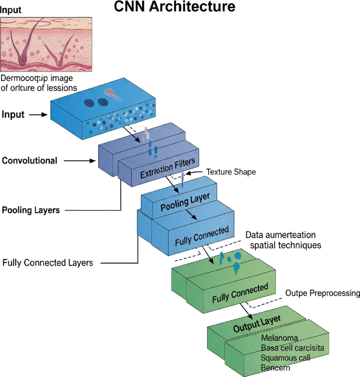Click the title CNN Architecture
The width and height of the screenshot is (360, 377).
(x=174, y=7)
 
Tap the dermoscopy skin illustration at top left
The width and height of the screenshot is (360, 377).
(x=46, y=44)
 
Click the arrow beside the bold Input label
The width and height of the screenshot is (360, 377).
(x=38, y=114)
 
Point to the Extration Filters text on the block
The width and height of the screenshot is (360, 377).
(x=167, y=166)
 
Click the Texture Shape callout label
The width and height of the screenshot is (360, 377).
(x=231, y=172)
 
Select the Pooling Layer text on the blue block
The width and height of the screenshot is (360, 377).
(x=184, y=202)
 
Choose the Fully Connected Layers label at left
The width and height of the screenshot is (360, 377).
(x=48, y=263)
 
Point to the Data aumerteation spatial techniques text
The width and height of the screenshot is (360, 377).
(x=284, y=240)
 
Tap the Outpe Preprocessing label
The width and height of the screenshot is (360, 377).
(x=322, y=292)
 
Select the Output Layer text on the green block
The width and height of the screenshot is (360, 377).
(x=257, y=323)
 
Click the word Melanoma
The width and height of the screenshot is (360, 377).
(x=280, y=338)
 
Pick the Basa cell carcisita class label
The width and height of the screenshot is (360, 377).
(x=292, y=348)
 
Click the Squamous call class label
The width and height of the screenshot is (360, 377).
(x=285, y=358)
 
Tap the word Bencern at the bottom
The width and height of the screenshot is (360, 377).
(x=275, y=368)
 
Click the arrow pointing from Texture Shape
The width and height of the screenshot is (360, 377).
(x=196, y=172)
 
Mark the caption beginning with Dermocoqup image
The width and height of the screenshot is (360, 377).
(x=39, y=82)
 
